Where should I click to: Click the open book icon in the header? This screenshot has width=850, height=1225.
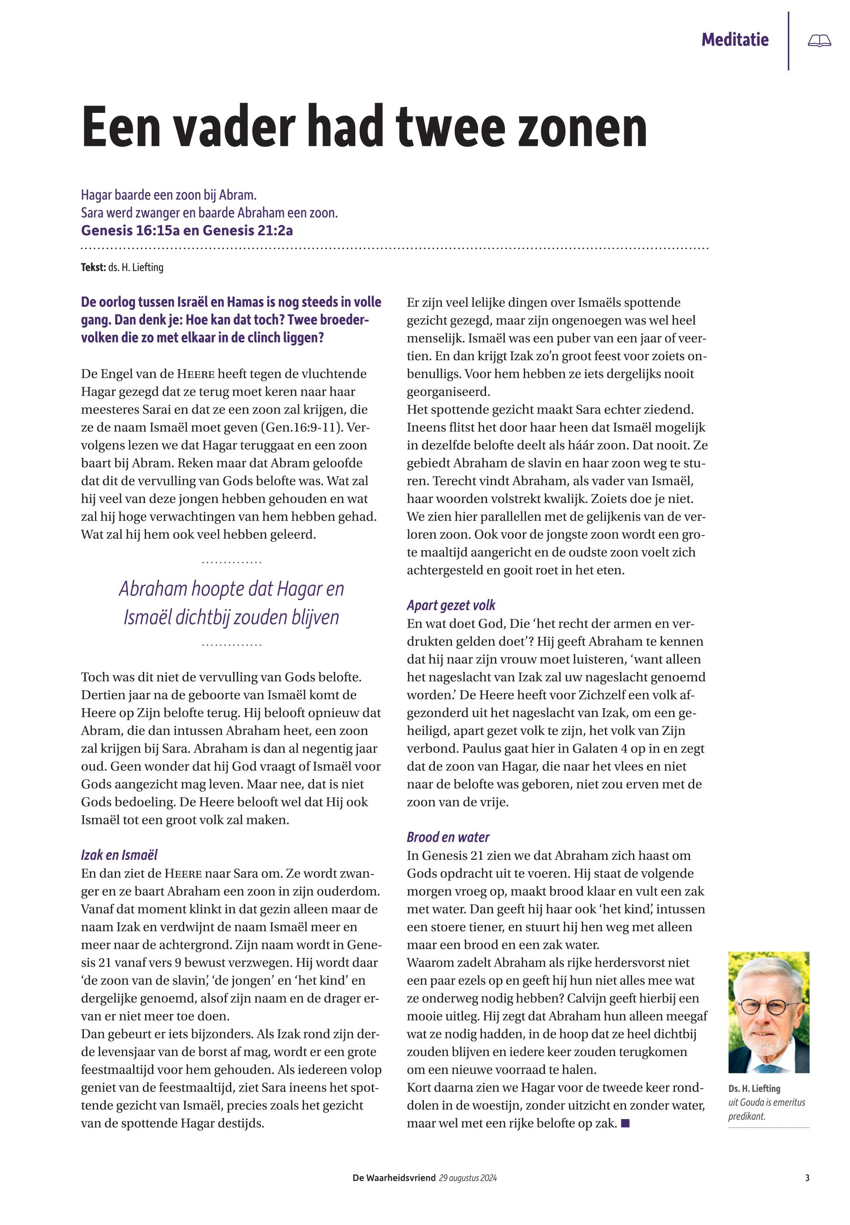(819, 41)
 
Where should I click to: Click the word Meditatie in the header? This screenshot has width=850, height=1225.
(734, 40)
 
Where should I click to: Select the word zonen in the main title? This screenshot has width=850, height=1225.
(582, 127)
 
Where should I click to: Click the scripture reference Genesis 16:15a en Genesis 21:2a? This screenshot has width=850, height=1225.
(187, 231)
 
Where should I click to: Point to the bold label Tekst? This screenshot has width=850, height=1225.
(93, 267)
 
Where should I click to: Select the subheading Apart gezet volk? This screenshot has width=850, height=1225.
(451, 605)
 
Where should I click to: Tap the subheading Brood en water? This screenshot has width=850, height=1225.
(448, 837)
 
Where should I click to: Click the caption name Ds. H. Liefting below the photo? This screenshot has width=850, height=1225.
(754, 1089)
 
